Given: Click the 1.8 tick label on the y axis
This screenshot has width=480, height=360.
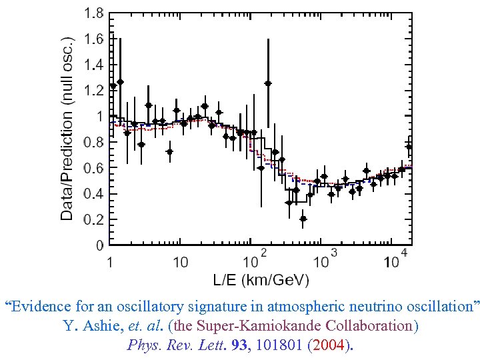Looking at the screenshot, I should pyautogui.click(x=94, y=13).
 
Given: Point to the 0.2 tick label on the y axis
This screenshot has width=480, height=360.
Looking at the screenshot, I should pyautogui.click(x=94, y=220).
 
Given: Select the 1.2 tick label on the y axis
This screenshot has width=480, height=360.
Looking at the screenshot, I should pyautogui.click(x=94, y=90).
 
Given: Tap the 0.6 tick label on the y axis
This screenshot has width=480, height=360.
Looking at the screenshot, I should pyautogui.click(x=94, y=168).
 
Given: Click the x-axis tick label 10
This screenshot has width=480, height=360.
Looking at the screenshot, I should pyautogui.click(x=180, y=262).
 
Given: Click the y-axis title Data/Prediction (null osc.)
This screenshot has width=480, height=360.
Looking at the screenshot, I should pyautogui.click(x=67, y=128).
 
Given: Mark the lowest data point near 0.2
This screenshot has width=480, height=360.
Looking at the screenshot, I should pyautogui.click(x=303, y=218).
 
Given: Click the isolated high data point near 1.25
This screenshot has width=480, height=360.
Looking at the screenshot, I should pyautogui.click(x=268, y=83).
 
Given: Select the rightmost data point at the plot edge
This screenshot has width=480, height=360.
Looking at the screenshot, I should pyautogui.click(x=409, y=147).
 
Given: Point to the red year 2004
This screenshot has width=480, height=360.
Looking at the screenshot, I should pyautogui.click(x=331, y=345).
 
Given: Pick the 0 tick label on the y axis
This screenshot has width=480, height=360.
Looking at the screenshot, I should pyautogui.click(x=100, y=246).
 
